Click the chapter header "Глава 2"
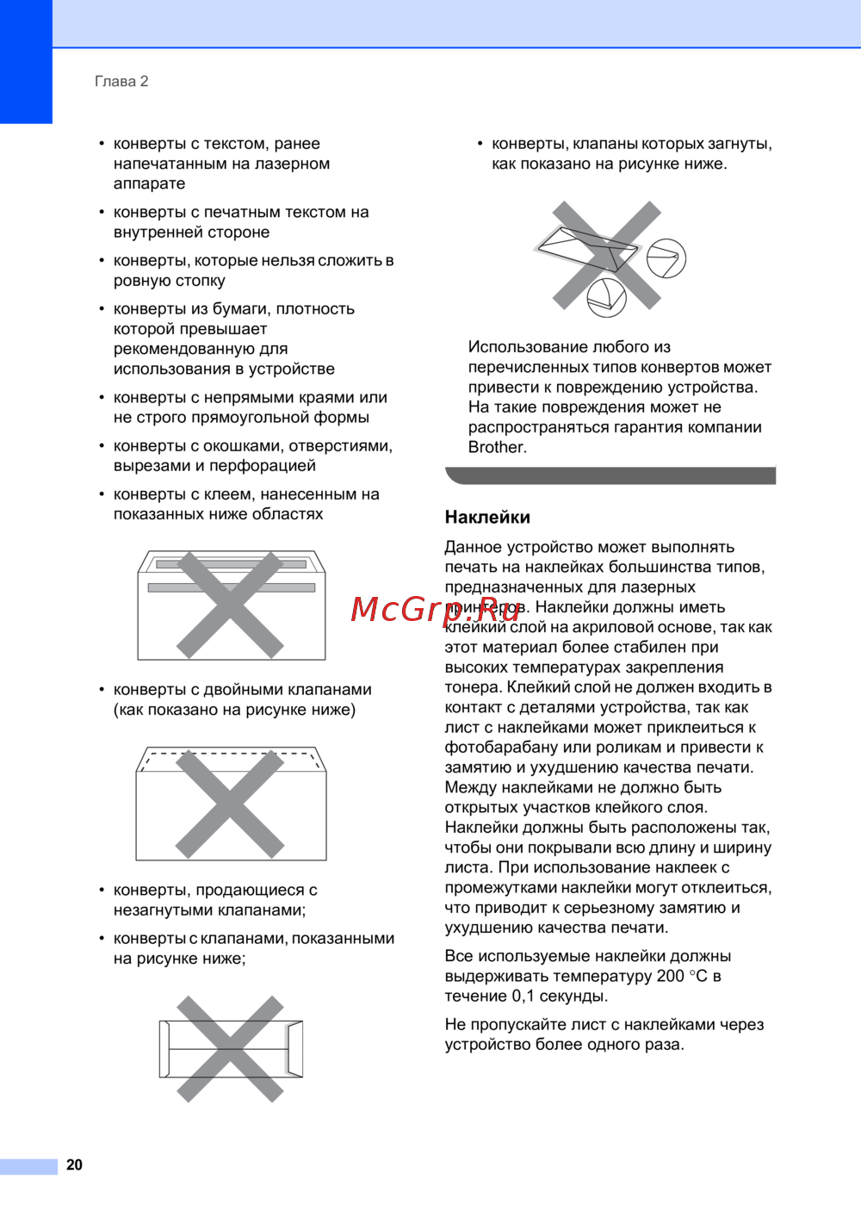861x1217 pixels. pyautogui.click(x=121, y=81)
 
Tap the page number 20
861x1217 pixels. pyautogui.click(x=75, y=1164)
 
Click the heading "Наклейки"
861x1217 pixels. pyautogui.click(x=487, y=517)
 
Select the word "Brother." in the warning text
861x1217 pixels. pyautogui.click(x=498, y=447)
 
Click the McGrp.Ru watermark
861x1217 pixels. pyautogui.click(x=436, y=608)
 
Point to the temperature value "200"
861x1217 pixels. pyautogui.click(x=670, y=976)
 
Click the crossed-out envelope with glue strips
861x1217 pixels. pyautogui.click(x=231, y=605)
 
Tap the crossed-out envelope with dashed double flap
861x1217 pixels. pyautogui.click(x=231, y=803)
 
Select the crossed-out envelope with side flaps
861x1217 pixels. pyautogui.click(x=231, y=1048)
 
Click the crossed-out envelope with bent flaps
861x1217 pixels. pyautogui.click(x=607, y=256)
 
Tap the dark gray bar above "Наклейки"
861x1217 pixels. pyautogui.click(x=610, y=475)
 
